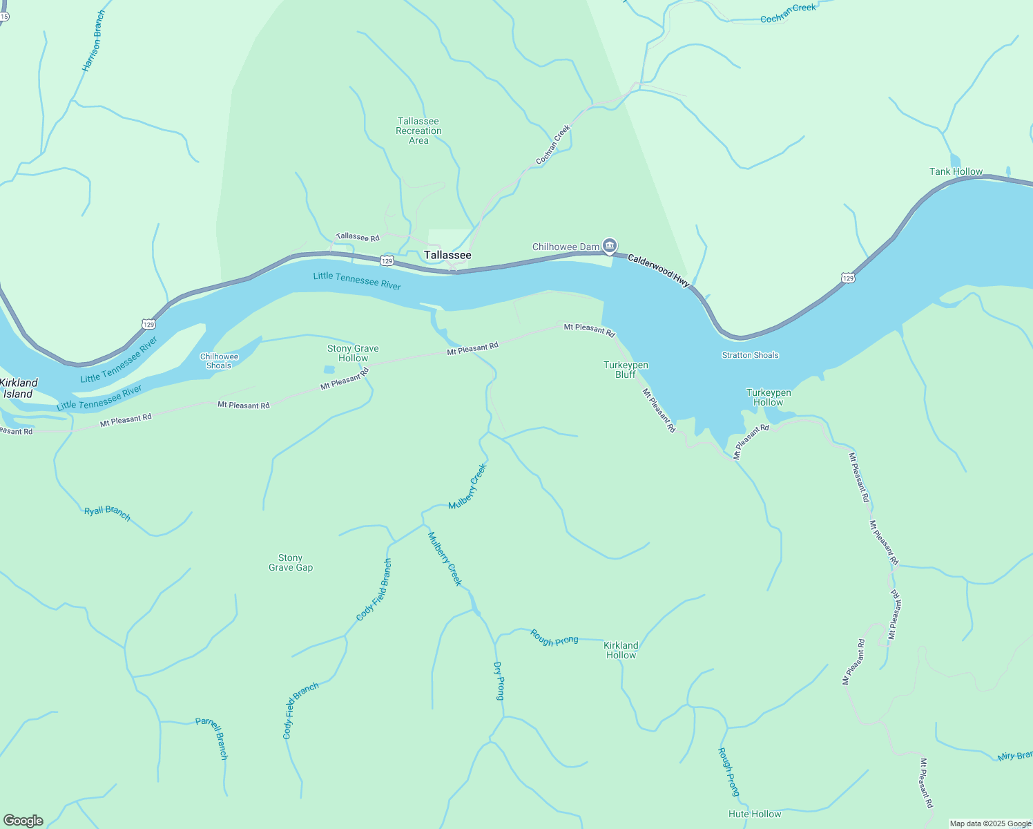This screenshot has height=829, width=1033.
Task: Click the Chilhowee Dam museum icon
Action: (x=610, y=245)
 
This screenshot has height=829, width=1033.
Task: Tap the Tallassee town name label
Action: (x=447, y=256)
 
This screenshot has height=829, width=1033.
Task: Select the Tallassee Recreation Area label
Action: (x=418, y=131)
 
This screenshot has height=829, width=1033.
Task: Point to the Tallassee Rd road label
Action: (x=358, y=237)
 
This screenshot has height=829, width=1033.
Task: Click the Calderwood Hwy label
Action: (x=658, y=269)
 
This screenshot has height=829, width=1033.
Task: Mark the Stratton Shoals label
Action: (x=750, y=355)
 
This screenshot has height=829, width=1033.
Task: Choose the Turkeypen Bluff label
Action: (x=626, y=370)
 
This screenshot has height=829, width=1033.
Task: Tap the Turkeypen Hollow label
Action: (x=769, y=397)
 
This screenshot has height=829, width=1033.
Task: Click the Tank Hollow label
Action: (x=956, y=171)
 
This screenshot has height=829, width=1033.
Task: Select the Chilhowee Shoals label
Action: (x=219, y=361)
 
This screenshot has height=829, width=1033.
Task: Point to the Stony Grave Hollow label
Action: (x=353, y=353)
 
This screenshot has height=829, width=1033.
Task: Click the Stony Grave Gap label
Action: (x=291, y=562)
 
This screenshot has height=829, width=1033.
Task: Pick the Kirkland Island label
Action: (x=19, y=388)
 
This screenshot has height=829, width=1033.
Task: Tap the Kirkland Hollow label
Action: (x=621, y=650)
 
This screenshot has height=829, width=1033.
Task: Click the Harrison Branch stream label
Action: (x=94, y=41)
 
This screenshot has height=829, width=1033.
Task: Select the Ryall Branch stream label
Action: (x=107, y=513)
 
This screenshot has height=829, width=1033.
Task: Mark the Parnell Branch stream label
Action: (x=212, y=738)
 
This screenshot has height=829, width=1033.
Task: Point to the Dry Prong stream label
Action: (x=499, y=680)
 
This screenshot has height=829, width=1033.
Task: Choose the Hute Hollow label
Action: (x=755, y=814)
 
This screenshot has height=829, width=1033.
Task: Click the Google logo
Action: (x=23, y=821)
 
